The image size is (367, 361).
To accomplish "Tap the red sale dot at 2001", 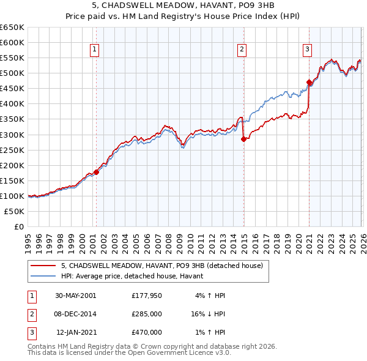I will coord(96,172).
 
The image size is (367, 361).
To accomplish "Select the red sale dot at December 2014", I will coord(243,139).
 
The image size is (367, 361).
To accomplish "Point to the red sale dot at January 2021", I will coord(309,82).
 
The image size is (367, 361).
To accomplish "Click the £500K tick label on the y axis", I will coord(12,73).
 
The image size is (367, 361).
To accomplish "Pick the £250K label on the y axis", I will coord(12,150).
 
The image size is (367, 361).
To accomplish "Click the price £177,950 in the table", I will coord(147,296).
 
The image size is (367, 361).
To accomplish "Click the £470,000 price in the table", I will coord(147,332).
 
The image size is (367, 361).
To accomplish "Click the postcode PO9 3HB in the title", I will coord(222,6).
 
